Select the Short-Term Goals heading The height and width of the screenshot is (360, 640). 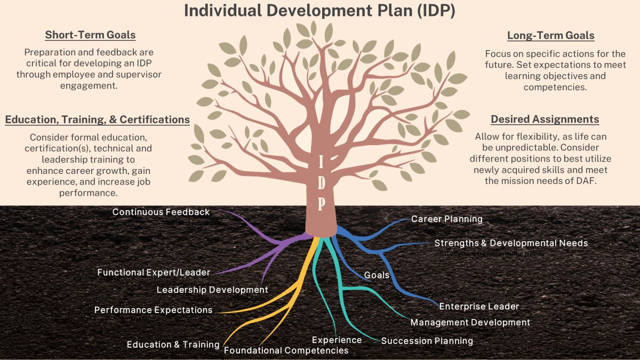[90, 35]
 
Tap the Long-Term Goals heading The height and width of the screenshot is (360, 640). [550, 36]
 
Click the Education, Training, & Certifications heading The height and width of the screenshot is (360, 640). [98, 119]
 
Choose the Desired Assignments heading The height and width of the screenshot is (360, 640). [545, 119]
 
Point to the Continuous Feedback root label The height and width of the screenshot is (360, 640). [161, 212]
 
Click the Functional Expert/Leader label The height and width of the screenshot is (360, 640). [154, 273]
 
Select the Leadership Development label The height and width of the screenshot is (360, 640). [212, 290]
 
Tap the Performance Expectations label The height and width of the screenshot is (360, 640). [154, 310]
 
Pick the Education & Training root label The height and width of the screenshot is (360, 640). [173, 345]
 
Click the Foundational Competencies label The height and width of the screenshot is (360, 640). [286, 350]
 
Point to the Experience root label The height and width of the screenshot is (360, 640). [337, 340]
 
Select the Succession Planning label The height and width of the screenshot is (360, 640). [427, 341]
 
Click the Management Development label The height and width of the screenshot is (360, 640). [470, 322]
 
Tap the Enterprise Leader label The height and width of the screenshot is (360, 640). [479, 306]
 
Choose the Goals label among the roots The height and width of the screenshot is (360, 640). [377, 275]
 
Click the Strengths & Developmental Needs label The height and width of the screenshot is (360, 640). [511, 243]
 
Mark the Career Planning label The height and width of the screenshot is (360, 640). [446, 219]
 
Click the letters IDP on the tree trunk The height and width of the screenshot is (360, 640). [321, 182]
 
